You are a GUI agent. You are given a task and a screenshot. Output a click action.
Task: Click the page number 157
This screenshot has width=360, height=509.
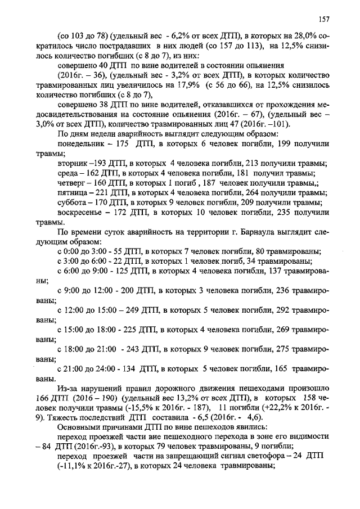pos(323,20)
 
